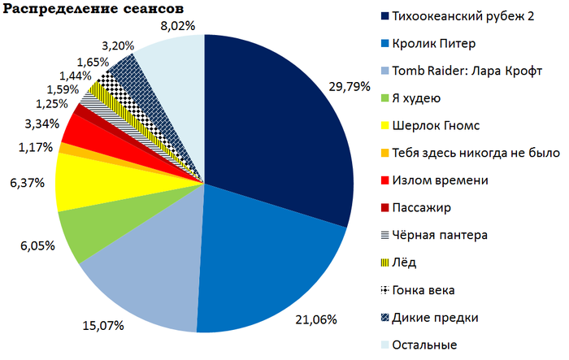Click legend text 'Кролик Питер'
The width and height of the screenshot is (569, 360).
coord(434,44)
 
